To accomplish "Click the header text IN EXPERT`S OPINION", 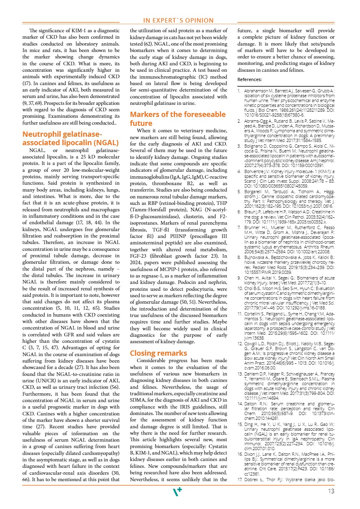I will (178, 21).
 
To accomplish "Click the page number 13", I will (332, 491).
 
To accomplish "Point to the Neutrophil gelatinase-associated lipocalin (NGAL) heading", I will (71, 138).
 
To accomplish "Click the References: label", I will (249, 79).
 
